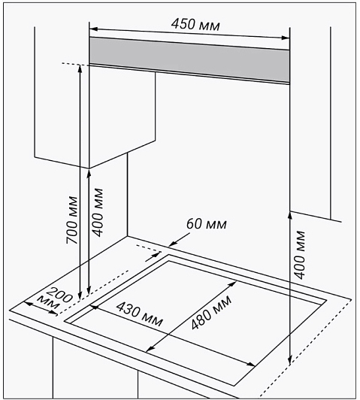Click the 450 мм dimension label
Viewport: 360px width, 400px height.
pyautogui.click(x=195, y=25)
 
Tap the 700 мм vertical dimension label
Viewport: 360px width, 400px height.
pyautogui.click(x=71, y=220)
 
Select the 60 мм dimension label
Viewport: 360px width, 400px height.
pyautogui.click(x=206, y=224)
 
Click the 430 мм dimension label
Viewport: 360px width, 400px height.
pyautogui.click(x=140, y=314)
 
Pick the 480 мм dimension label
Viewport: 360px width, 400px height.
pyautogui.click(x=211, y=312)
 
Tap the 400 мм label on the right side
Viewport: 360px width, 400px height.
pyautogui.click(x=299, y=255)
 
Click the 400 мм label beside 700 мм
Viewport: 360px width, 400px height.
pyautogui.click(x=98, y=213)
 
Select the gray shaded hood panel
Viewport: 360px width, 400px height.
pyautogui.click(x=189, y=59)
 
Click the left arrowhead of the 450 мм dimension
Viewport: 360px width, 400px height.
pyautogui.click(x=93, y=29)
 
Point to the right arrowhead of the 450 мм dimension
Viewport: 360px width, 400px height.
pyautogui.click(x=286, y=38)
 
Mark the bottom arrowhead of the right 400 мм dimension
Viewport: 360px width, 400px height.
pyautogui.click(x=289, y=361)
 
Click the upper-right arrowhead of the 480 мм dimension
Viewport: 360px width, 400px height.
pyautogui.click(x=233, y=283)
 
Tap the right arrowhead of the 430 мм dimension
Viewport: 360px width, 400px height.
pyautogui.click(x=251, y=364)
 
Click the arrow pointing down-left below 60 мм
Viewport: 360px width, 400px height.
pyautogui.click(x=179, y=240)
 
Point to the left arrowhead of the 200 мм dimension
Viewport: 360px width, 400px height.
pyautogui.click(x=28, y=303)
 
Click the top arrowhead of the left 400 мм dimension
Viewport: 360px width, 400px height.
pyautogui.click(x=89, y=174)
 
